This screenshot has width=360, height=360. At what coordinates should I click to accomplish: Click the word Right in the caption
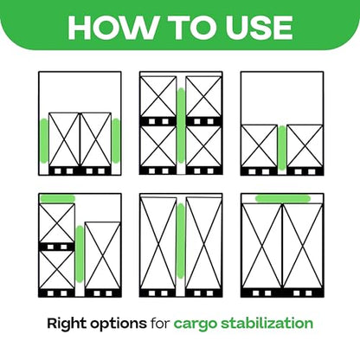[67, 324]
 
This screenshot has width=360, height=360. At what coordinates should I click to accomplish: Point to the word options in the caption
[119, 325]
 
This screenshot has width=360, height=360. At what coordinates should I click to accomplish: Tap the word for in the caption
[160, 324]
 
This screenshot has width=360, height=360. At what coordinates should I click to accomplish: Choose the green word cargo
[195, 325]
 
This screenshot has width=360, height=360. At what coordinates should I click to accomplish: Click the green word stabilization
[267, 324]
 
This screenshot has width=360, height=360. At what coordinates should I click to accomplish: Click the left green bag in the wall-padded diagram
[44, 141]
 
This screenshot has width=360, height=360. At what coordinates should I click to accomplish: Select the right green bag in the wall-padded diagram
[116, 141]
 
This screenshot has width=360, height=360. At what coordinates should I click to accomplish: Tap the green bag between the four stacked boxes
[181, 125]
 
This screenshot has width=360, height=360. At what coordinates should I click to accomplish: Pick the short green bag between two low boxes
[282, 147]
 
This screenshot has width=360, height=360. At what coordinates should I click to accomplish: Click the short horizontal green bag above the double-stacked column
[58, 198]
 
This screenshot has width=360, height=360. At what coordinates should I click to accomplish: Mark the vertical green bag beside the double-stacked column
[80, 254]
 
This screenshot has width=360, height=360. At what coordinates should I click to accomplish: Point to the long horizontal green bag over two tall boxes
[283, 198]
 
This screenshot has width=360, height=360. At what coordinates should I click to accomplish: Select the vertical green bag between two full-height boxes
[181, 241]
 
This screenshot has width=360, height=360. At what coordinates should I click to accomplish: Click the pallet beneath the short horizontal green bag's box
[57, 247]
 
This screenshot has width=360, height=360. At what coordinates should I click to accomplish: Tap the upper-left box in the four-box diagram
[158, 96]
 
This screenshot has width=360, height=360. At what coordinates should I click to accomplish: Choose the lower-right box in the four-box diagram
[203, 146]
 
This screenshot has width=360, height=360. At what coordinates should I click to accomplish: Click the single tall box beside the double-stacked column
[103, 255]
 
